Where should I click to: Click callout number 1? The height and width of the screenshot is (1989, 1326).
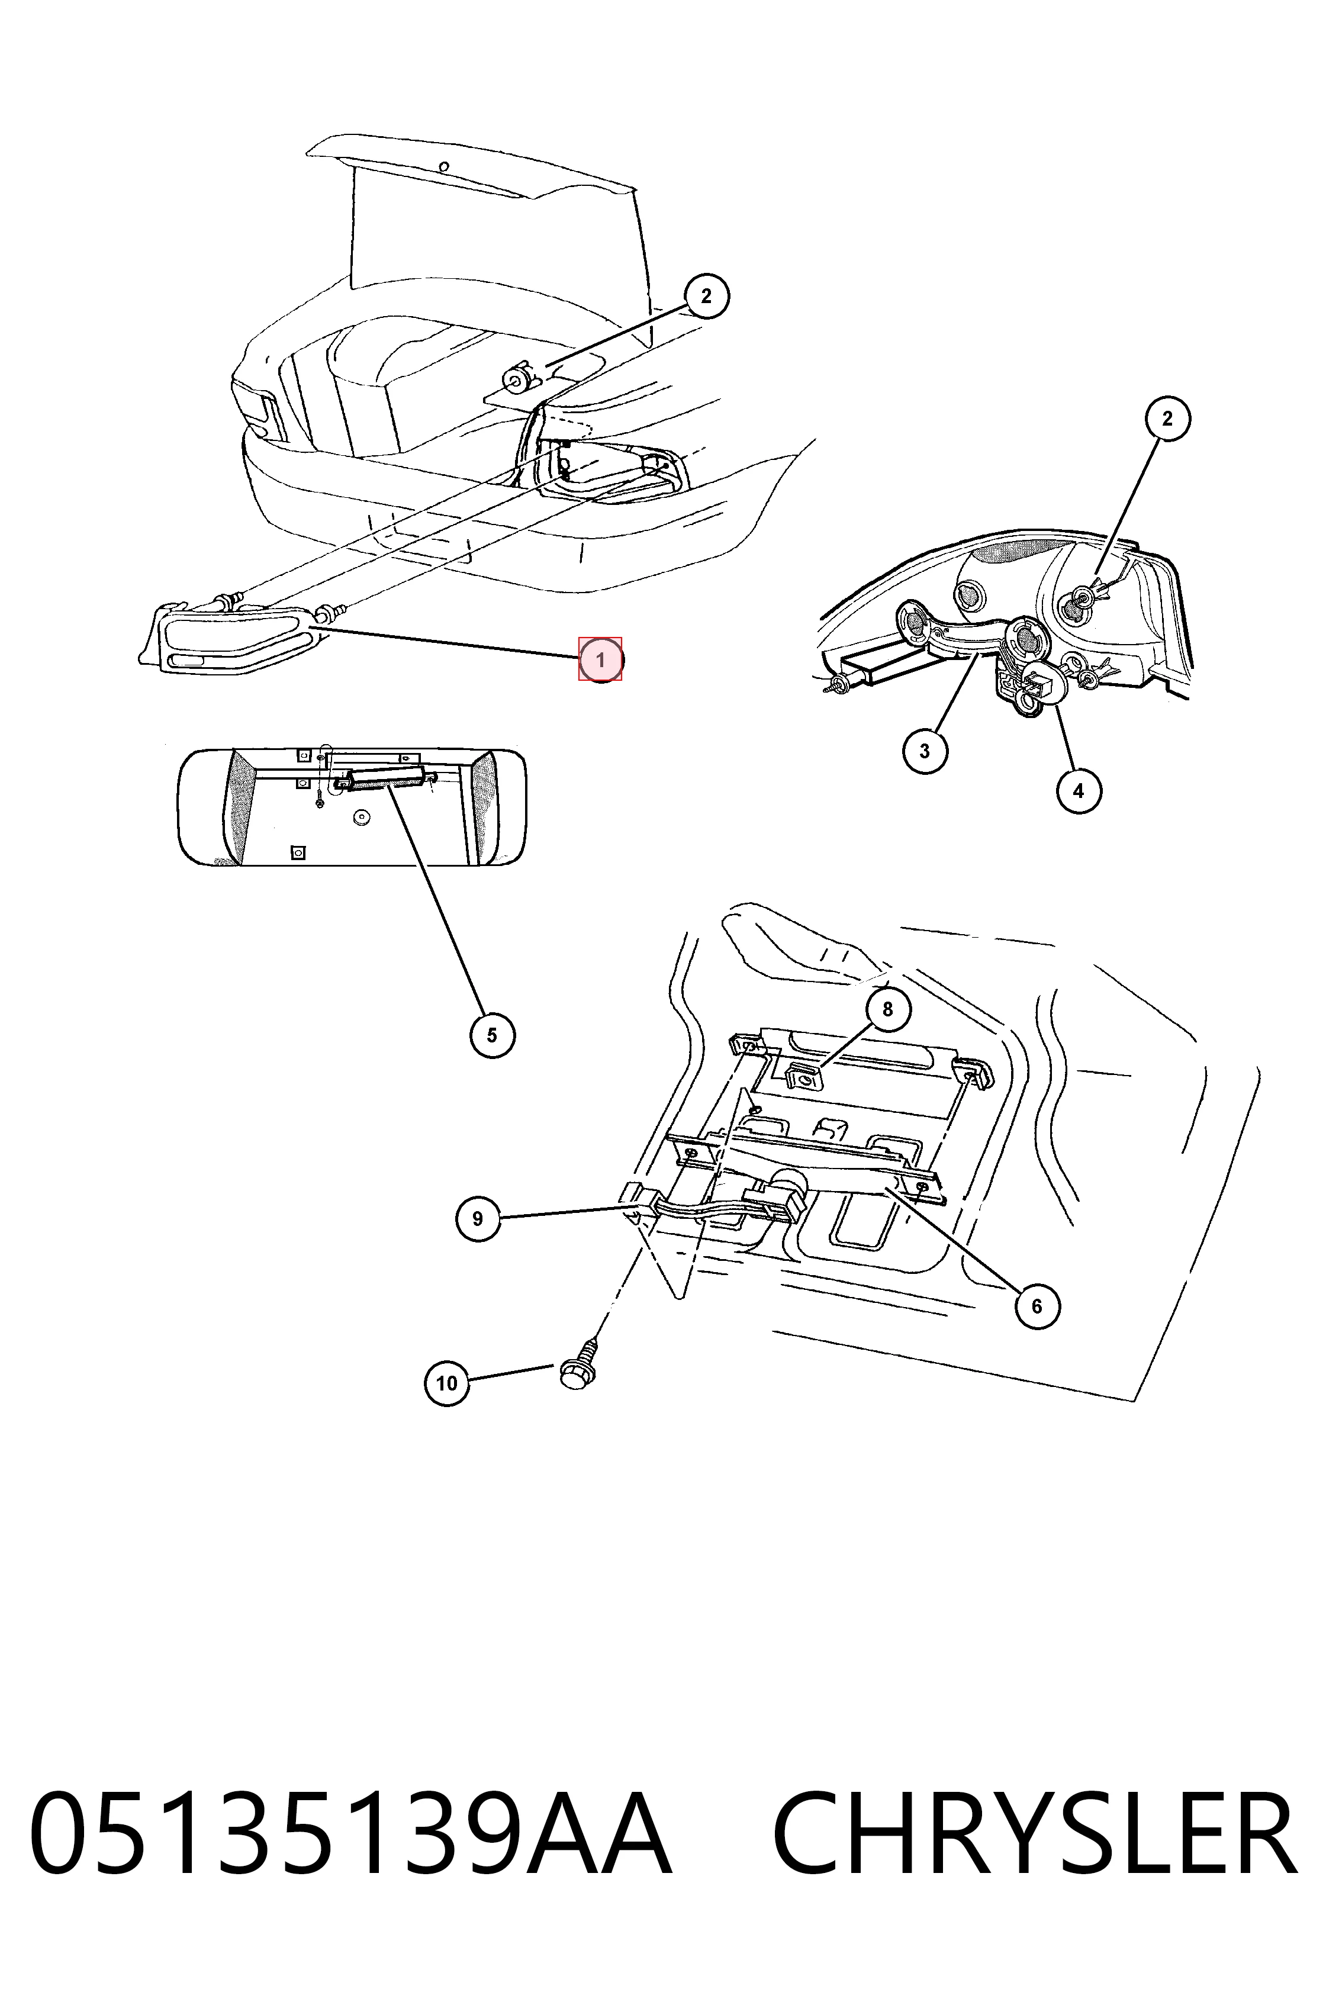tap(600, 659)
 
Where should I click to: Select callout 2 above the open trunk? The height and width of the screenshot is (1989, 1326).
tap(706, 296)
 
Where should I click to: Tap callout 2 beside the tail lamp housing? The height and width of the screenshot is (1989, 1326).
tap(1168, 419)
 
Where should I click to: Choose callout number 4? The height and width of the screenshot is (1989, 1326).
tap(1078, 791)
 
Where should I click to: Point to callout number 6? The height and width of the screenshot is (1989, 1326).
tap(1037, 1306)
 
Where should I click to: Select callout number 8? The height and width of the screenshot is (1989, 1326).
tap(887, 1009)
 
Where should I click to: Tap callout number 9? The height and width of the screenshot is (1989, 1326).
tap(478, 1219)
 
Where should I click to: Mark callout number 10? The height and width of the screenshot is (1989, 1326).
tap(446, 1383)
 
